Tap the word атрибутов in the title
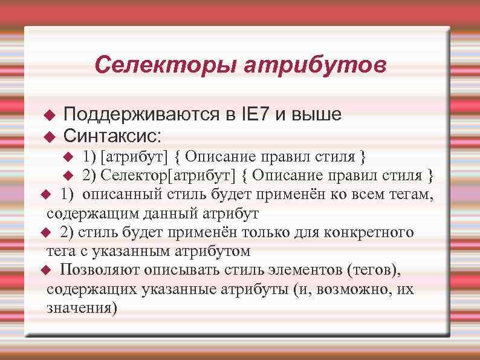click(314, 64)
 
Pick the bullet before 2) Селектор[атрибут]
click(68, 176)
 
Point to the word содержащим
click(86, 214)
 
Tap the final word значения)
click(82, 307)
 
